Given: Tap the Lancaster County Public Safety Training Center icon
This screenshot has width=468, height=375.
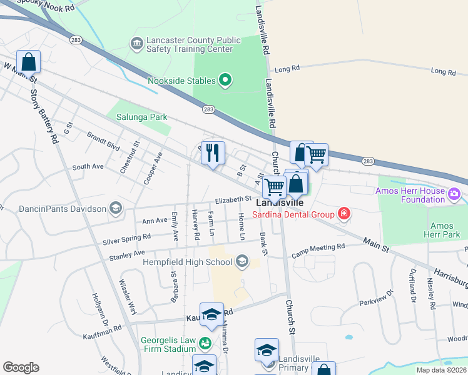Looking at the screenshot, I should tap(136, 44).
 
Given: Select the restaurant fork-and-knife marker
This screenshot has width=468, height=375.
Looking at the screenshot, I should tap(213, 152).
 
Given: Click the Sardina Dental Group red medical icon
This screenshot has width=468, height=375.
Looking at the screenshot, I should tap(343, 214).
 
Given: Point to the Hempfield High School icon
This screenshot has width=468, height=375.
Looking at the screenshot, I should tap(242, 261).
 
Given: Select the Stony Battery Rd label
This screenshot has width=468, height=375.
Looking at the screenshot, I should tap(44, 116).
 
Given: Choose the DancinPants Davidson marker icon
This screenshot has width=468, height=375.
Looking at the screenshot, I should tap(114, 208).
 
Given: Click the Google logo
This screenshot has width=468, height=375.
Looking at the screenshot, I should tap(21, 367).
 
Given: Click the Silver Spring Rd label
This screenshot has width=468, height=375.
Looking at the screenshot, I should tap(127, 237).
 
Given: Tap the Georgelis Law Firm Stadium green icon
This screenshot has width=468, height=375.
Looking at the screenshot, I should tap(204, 342).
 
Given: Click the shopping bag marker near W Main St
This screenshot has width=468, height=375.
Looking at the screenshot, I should tap(28, 62).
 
